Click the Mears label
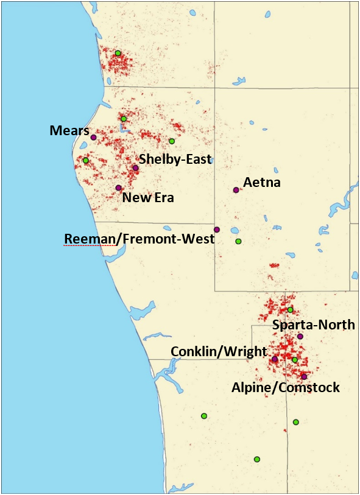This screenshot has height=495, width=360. click(x=69, y=130)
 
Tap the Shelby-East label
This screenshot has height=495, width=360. click(x=175, y=159)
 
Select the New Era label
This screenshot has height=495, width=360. click(x=148, y=197)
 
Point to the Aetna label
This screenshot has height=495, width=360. click(x=262, y=181)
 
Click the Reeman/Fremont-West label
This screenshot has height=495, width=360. click(x=139, y=239)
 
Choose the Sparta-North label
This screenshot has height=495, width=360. click(x=313, y=325)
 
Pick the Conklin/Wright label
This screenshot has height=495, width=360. click(x=219, y=351)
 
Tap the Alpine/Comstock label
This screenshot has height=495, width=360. click(x=286, y=387)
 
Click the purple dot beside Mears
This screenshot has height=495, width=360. click(x=93, y=137)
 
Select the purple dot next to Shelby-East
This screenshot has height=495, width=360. click(x=135, y=168)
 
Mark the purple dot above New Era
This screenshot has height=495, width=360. click(x=118, y=188)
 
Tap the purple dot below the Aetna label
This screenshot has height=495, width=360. click(x=236, y=190)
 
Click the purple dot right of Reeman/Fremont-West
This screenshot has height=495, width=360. click(x=217, y=230)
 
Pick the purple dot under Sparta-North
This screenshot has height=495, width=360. click(x=300, y=336)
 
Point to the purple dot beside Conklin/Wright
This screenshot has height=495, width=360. click(x=274, y=359)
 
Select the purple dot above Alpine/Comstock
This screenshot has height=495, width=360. click(x=304, y=376)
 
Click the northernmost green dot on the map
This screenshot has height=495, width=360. click(x=118, y=53)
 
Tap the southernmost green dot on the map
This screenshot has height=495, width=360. click(x=257, y=459)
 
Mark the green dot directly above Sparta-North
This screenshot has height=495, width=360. click(x=290, y=310)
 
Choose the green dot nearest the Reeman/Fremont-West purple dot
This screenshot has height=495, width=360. click(x=238, y=241)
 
